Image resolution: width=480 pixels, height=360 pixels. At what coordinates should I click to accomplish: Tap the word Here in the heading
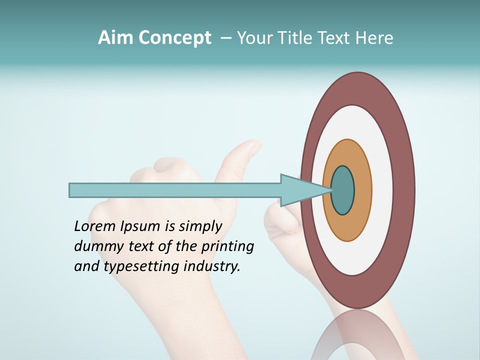pos(374,38)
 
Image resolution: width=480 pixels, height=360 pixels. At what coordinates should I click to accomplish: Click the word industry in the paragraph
pos(212,267)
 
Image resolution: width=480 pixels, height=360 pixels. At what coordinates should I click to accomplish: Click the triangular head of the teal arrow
pos(300,190)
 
